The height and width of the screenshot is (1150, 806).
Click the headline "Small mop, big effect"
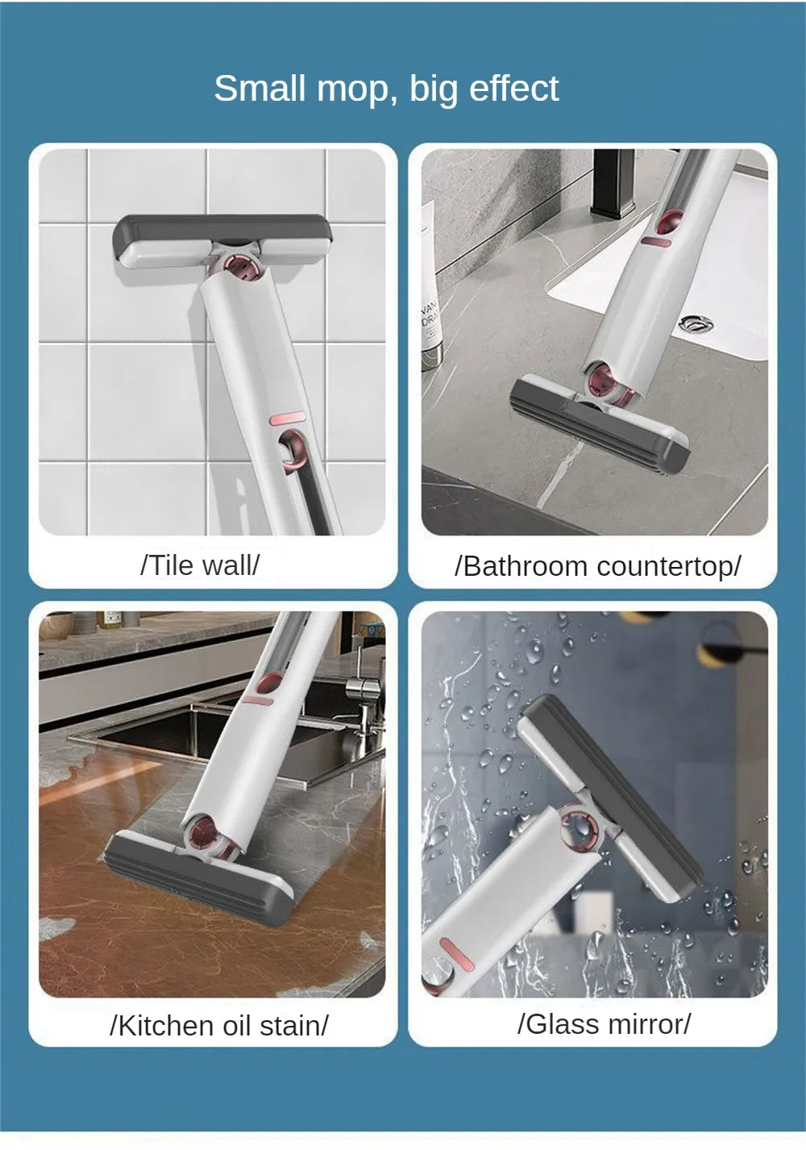pos(386,89)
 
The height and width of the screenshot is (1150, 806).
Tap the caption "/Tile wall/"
pos(200,565)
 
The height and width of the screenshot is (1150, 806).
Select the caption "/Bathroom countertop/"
pos(597,566)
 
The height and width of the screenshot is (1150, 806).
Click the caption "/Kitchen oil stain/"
pos(219,1026)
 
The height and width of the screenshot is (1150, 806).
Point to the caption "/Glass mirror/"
pos(604,1024)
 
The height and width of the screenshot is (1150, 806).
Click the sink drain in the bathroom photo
pos(696,323)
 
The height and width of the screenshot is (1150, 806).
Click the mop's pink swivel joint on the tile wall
pos(239,270)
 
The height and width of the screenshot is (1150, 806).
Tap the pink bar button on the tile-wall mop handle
pos(285,419)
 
